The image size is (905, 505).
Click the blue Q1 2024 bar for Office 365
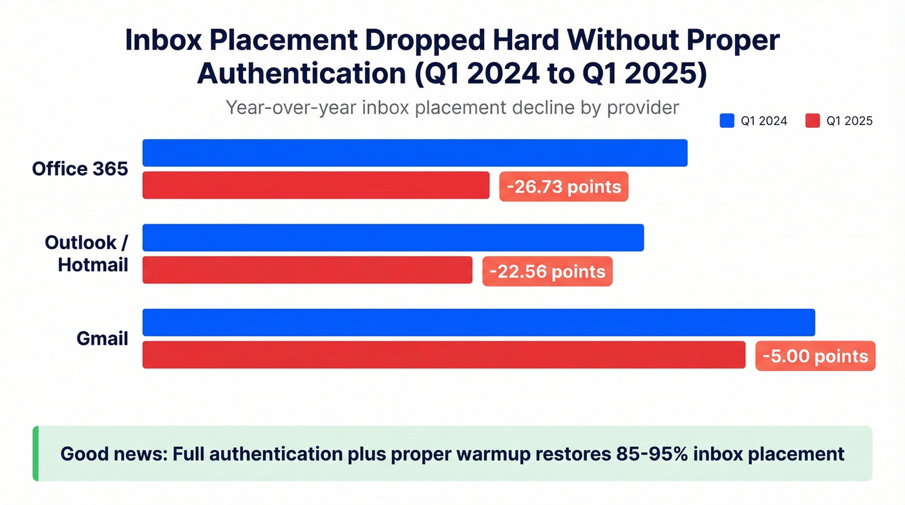[x=414, y=153]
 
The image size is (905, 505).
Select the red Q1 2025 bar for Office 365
[x=315, y=185]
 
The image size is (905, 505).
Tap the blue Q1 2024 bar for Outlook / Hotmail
[x=392, y=237]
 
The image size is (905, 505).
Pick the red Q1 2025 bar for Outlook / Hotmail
[x=307, y=270]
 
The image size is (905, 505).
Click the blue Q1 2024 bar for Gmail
[x=478, y=323]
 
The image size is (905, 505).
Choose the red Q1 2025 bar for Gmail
[x=443, y=355]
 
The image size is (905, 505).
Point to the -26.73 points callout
[x=564, y=187]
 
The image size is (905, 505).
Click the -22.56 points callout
[x=547, y=271]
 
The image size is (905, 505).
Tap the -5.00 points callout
[x=815, y=356]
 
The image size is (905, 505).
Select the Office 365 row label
[x=80, y=169]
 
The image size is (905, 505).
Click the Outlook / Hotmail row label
[x=87, y=253]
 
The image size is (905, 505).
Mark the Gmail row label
[x=102, y=338]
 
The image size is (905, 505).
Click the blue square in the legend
[x=727, y=121]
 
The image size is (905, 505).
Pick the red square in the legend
[x=813, y=121]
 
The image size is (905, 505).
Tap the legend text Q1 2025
[x=849, y=121]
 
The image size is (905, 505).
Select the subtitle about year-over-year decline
[x=452, y=107]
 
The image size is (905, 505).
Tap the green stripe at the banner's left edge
[x=36, y=453]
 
